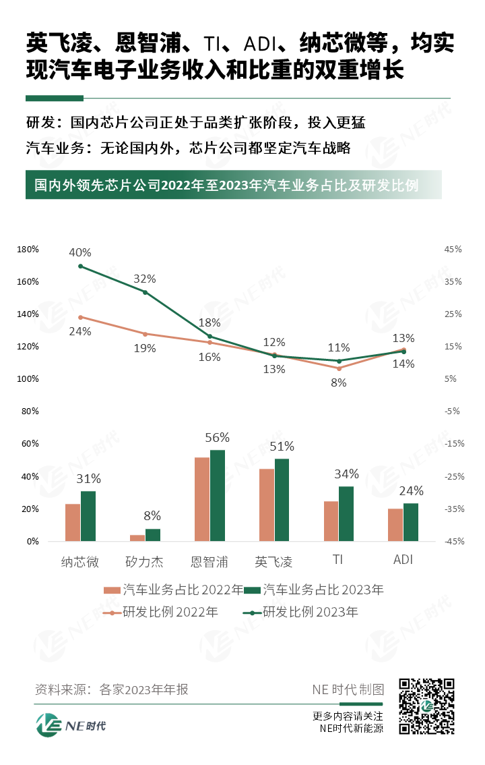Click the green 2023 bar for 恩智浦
[x=218, y=495]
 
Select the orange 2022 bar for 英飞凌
[x=267, y=505]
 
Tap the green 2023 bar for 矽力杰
[x=153, y=534]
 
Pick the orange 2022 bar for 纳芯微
[x=73, y=522]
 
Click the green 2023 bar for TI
[x=346, y=513]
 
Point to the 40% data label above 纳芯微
[x=80, y=252]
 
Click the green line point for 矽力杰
[x=145, y=291]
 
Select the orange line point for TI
[x=339, y=368]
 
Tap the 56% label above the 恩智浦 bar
[x=218, y=437]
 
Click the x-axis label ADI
[x=403, y=561]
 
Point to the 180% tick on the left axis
[x=28, y=250]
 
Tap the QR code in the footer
[x=426, y=706]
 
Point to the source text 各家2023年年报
[x=143, y=689]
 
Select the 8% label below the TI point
[x=339, y=382]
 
